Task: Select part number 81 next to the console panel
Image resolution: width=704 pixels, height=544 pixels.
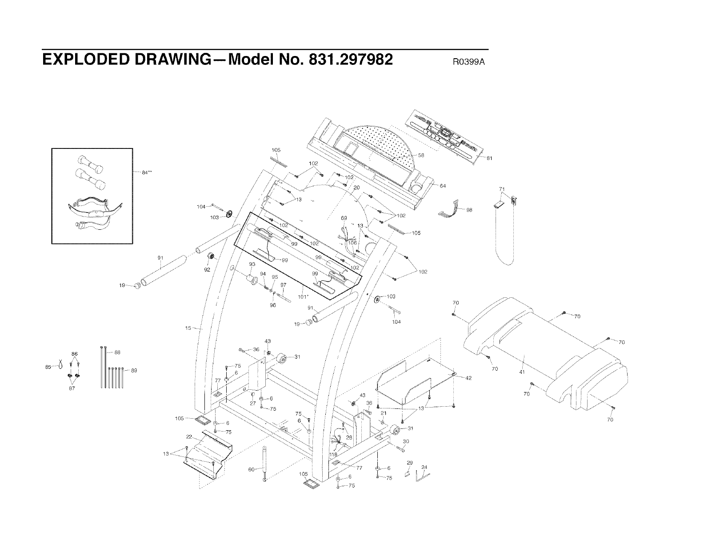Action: (489, 158)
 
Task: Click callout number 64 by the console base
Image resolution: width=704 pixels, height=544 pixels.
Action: (442, 186)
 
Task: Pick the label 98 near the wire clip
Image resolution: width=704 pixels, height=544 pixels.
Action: (469, 210)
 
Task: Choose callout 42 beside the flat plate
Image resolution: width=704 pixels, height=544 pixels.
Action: (468, 378)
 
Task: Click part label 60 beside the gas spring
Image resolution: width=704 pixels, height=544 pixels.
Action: (251, 469)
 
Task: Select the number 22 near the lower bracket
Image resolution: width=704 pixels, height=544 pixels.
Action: (189, 436)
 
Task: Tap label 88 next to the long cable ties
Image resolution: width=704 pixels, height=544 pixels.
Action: (117, 353)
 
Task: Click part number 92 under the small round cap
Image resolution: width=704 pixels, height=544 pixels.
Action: (207, 269)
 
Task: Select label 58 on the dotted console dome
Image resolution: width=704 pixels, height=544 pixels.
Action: (421, 156)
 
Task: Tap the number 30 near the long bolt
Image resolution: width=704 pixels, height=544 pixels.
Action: (405, 441)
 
